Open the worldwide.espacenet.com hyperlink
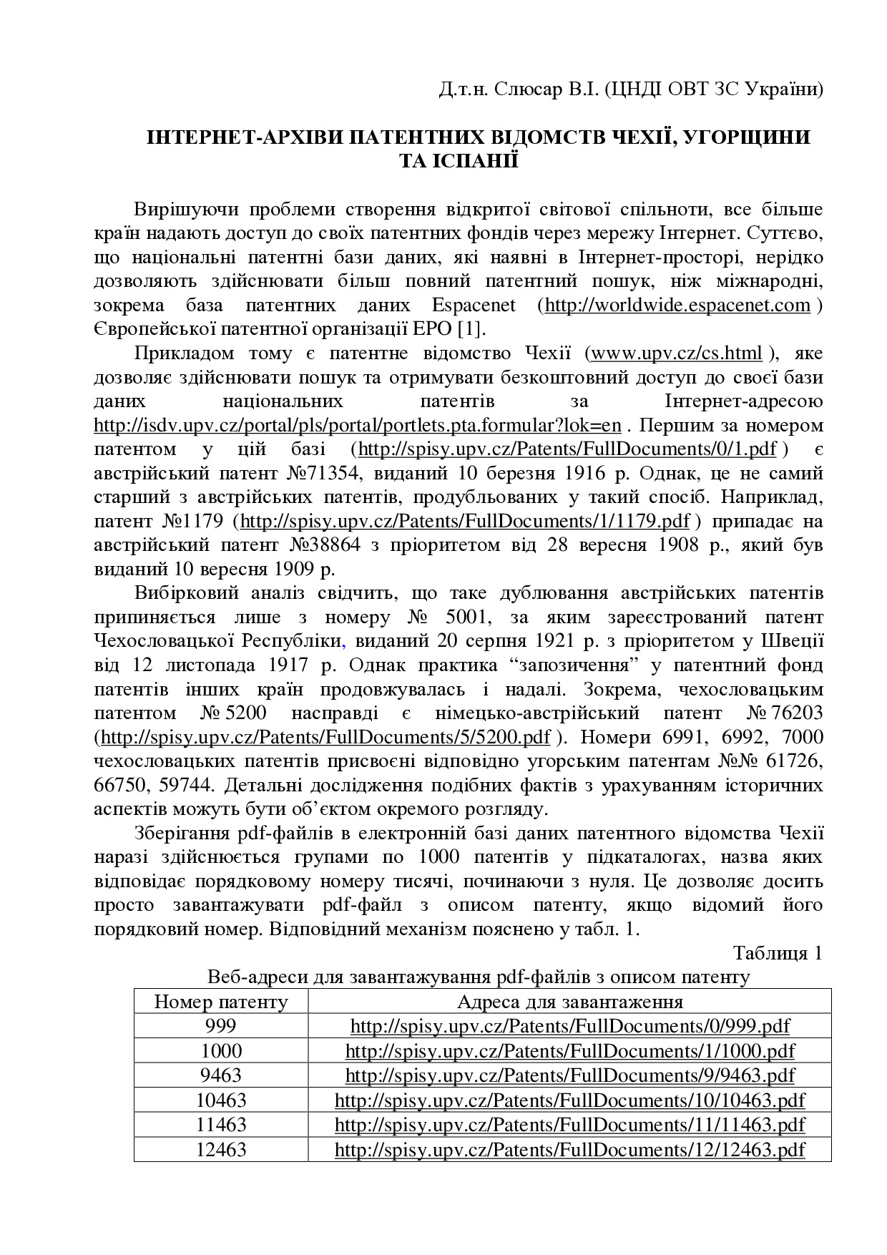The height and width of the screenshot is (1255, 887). [x=677, y=306]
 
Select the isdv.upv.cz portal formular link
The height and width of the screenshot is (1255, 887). [x=358, y=426]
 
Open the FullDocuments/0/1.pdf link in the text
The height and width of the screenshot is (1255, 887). [x=567, y=449]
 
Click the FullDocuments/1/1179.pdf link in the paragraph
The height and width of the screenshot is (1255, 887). [x=466, y=521]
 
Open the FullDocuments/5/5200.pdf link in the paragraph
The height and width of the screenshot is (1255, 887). [x=325, y=738]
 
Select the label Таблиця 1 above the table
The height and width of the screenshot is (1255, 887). [x=778, y=953]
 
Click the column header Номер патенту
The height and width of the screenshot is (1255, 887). [x=221, y=1002]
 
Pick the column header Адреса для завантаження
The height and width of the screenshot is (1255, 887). [x=569, y=1002]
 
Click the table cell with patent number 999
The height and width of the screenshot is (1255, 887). [x=221, y=1026]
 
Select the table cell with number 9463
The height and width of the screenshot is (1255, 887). [x=221, y=1075]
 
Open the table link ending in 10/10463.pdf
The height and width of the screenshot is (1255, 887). [x=569, y=1100]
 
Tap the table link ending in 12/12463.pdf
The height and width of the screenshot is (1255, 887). [x=569, y=1150]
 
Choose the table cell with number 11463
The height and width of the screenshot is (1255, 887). [x=221, y=1125]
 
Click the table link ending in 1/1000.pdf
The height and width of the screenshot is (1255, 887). [x=569, y=1051]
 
